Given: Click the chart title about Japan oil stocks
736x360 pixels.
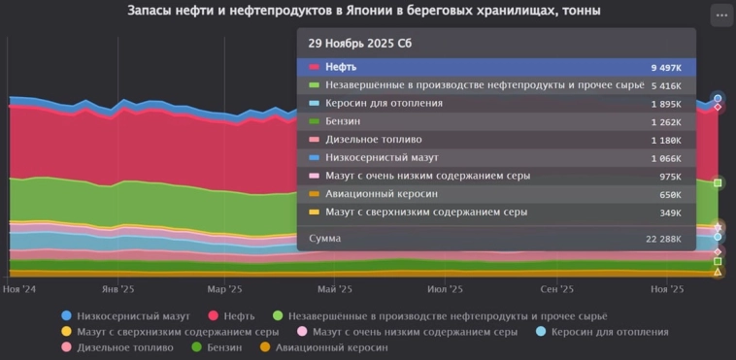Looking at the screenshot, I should coord(364,12).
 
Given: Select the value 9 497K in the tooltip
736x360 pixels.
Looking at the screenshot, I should coord(666,68).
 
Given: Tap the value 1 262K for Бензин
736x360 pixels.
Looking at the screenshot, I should coord(666,122).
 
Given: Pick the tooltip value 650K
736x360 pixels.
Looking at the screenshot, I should coord(669,194).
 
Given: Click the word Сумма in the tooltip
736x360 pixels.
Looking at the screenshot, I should coord(325,238).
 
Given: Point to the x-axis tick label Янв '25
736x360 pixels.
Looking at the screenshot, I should coord(117,289).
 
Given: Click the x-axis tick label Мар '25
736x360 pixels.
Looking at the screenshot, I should coord(224,289).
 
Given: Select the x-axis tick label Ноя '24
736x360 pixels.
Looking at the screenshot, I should coord(19,289).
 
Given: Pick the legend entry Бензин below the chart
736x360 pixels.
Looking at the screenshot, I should coord(222,347).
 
